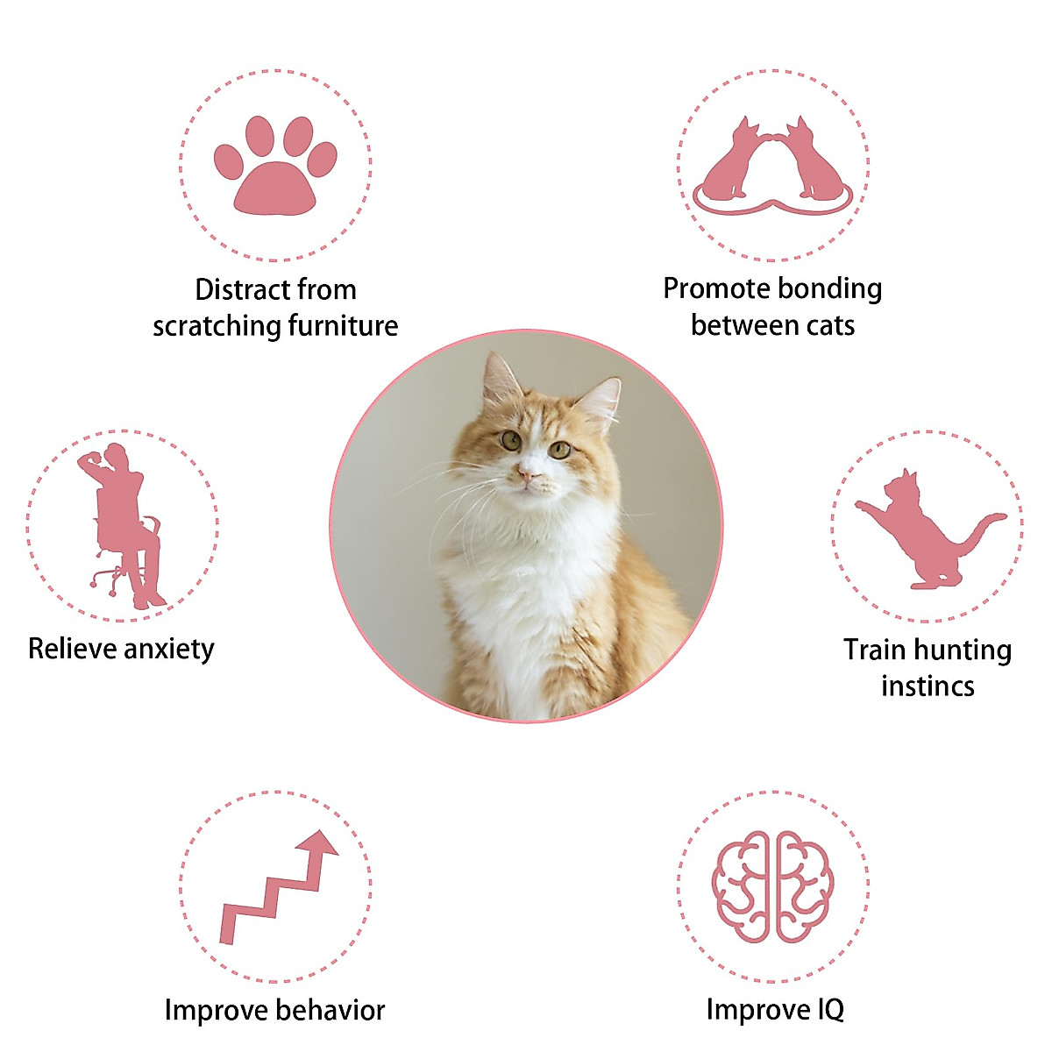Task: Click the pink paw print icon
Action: tap(275, 165)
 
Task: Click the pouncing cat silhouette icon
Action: tap(928, 529)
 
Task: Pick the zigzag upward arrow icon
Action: tap(279, 887)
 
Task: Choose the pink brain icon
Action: tap(772, 887)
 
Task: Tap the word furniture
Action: tap(343, 325)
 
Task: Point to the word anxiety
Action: tap(168, 650)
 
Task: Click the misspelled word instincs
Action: tap(928, 686)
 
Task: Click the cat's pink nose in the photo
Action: tap(528, 473)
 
